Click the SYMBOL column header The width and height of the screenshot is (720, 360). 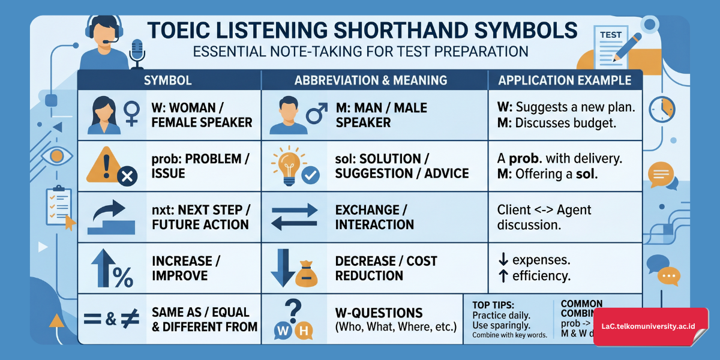[168, 80]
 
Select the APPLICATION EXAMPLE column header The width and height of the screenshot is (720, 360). [565, 80]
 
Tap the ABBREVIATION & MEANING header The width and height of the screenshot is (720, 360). [371, 80]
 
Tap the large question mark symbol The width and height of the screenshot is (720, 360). [293, 311]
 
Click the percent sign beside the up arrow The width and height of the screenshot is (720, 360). [123, 277]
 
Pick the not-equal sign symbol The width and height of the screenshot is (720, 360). [130, 319]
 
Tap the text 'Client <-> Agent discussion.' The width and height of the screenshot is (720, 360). [544, 217]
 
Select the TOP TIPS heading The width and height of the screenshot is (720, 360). [493, 305]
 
